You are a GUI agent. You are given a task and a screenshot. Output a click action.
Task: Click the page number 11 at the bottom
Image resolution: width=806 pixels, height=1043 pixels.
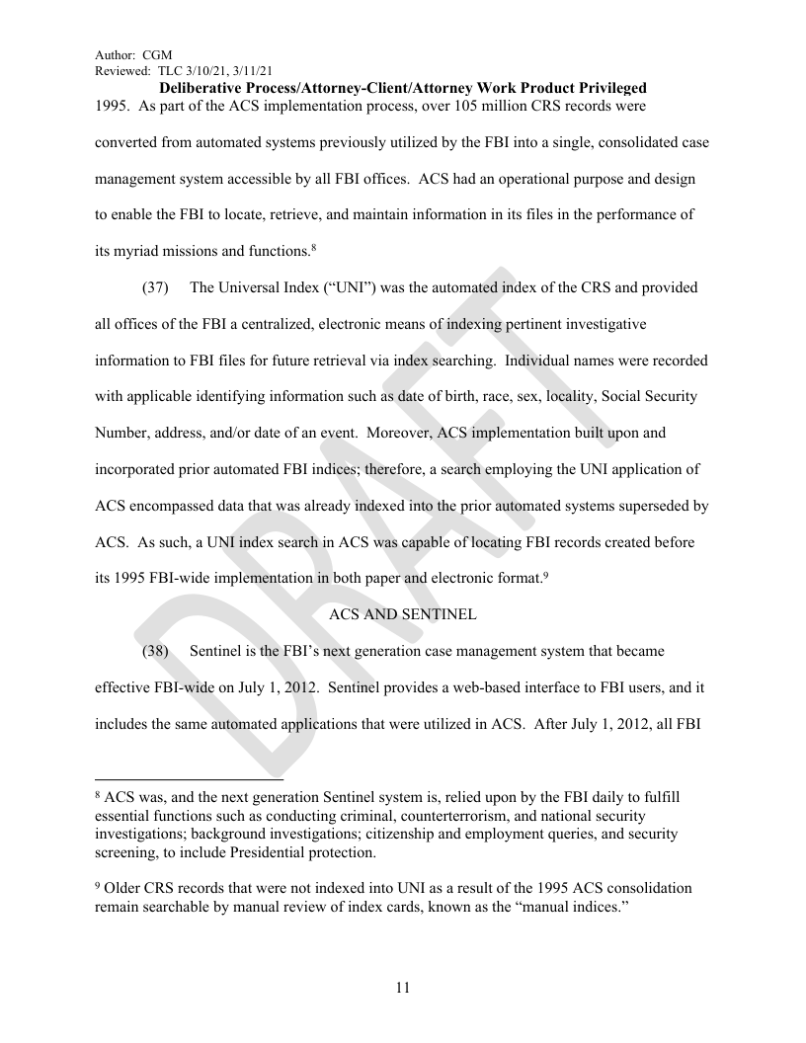(x=402, y=988)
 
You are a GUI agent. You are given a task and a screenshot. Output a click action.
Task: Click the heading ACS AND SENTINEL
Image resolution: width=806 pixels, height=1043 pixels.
(x=402, y=614)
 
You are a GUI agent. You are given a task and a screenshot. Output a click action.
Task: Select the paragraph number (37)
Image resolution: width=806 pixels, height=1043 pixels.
(x=154, y=288)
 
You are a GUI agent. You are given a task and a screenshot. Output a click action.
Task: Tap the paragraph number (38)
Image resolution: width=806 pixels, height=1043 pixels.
(x=154, y=651)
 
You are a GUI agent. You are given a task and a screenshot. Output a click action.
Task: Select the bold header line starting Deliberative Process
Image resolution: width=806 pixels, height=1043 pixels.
(x=402, y=88)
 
